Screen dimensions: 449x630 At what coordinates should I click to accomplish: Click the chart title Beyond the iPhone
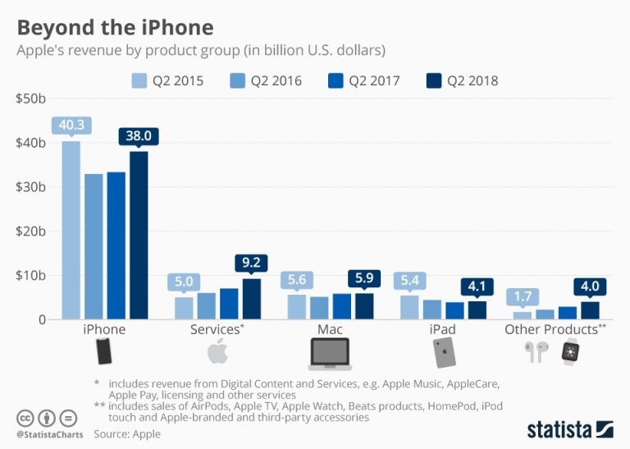[115, 26]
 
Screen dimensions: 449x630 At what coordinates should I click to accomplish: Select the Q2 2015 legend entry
[167, 80]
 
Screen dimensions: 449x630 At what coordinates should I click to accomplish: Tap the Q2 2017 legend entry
[365, 80]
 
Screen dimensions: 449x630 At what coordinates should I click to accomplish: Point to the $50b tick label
[30, 99]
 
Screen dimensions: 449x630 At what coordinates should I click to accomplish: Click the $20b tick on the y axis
[30, 231]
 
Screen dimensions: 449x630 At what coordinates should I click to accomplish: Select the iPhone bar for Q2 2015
[71, 230]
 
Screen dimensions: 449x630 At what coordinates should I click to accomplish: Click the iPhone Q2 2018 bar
[139, 235]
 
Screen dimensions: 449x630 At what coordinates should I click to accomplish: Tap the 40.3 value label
[71, 126]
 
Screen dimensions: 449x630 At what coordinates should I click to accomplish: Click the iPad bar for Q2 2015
[409, 307]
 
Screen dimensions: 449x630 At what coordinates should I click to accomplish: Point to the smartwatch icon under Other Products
[569, 352]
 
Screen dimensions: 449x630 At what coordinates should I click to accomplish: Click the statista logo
[569, 428]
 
